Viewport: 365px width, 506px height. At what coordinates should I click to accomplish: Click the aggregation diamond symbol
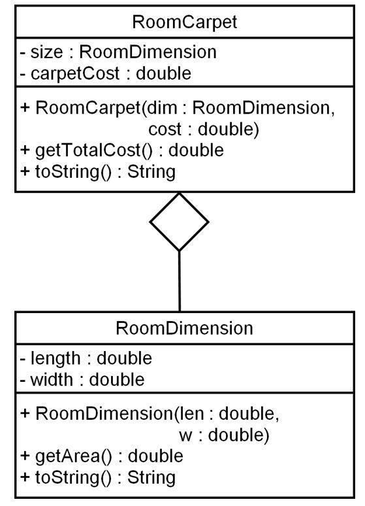pyautogui.click(x=179, y=222)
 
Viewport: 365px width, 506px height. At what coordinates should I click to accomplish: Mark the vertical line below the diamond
pyautogui.click(x=179, y=281)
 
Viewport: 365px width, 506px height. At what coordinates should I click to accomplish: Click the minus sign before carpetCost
pyautogui.click(x=5, y=73)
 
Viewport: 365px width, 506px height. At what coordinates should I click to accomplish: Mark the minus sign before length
pyautogui.click(x=5, y=358)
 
